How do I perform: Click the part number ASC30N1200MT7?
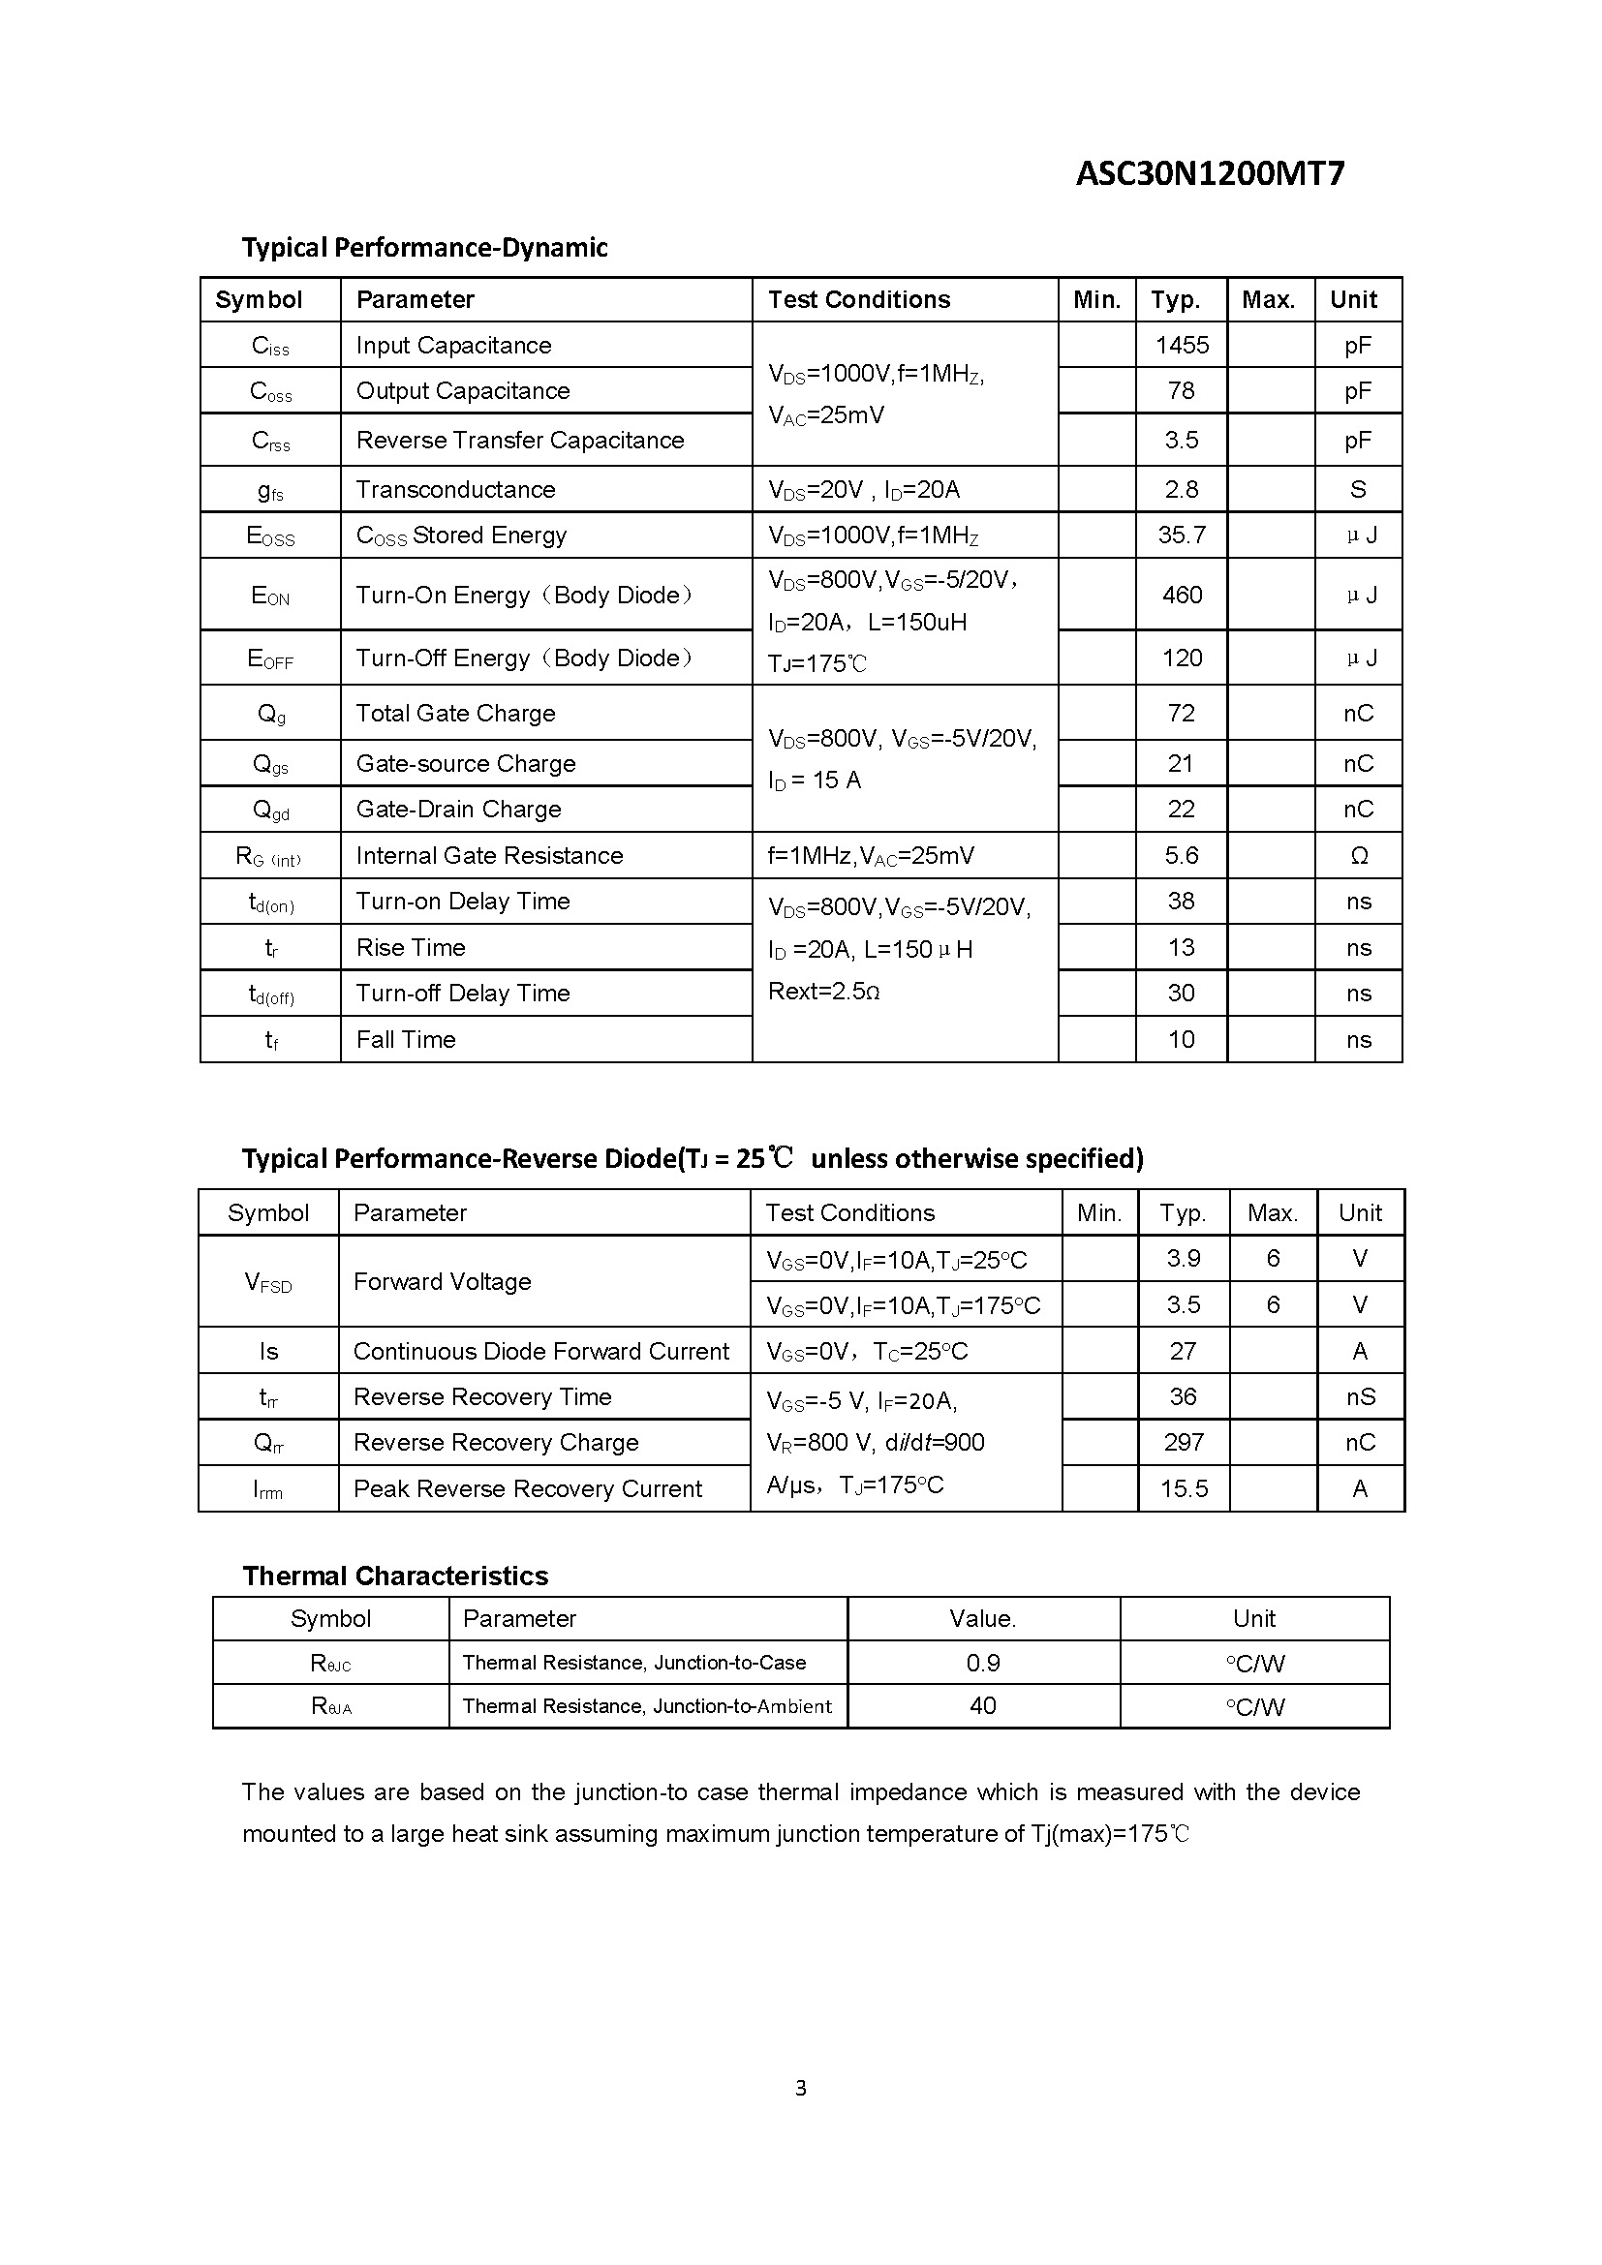1210,174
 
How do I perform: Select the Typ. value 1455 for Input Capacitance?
1181,346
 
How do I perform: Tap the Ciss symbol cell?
270,347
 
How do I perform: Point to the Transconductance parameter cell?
455,489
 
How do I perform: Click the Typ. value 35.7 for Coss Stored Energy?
1181,535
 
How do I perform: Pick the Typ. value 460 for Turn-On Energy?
1181,595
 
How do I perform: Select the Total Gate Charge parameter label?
455,714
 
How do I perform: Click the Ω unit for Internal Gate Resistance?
1358,855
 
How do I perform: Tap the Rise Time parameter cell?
411,947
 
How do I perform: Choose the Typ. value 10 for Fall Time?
1181,1039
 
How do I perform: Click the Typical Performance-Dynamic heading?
424,248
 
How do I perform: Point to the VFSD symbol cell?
268,1282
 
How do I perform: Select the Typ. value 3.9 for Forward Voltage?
1183,1259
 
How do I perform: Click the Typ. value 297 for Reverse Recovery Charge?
1183,1442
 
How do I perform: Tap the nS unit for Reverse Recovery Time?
1360,1397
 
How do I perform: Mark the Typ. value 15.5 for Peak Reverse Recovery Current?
1183,1488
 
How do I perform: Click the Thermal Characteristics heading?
394,1576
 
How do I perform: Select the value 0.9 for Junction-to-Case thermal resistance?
982,1664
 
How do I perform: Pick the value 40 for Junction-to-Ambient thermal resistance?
982,1705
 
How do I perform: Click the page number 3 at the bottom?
800,2088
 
